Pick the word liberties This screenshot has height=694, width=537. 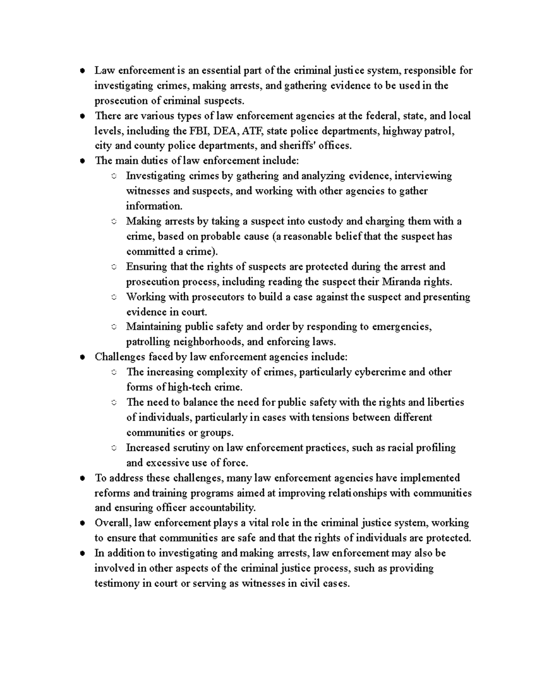coord(445,402)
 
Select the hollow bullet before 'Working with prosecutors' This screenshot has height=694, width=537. coord(114,297)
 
